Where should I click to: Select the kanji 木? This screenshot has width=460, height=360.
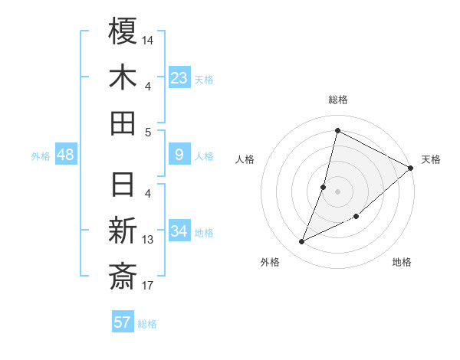click(123, 77)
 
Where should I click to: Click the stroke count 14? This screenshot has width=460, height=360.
click(148, 40)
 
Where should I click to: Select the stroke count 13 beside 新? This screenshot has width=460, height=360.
click(148, 240)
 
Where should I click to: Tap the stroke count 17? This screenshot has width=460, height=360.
click(148, 286)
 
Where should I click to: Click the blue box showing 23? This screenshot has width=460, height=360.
click(179, 78)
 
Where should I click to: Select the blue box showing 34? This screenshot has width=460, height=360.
click(179, 231)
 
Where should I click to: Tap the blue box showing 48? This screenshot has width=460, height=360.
click(66, 155)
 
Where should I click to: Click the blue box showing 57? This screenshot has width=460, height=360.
click(123, 322)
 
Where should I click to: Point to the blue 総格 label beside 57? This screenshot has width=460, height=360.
click(147, 324)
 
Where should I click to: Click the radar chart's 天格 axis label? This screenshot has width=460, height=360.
click(431, 159)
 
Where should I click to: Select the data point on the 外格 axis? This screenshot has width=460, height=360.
click(302, 242)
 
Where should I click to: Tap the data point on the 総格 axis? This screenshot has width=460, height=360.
click(337, 130)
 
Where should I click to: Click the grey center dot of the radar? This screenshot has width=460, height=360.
click(337, 191)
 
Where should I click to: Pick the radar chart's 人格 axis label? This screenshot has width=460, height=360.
click(245, 159)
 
